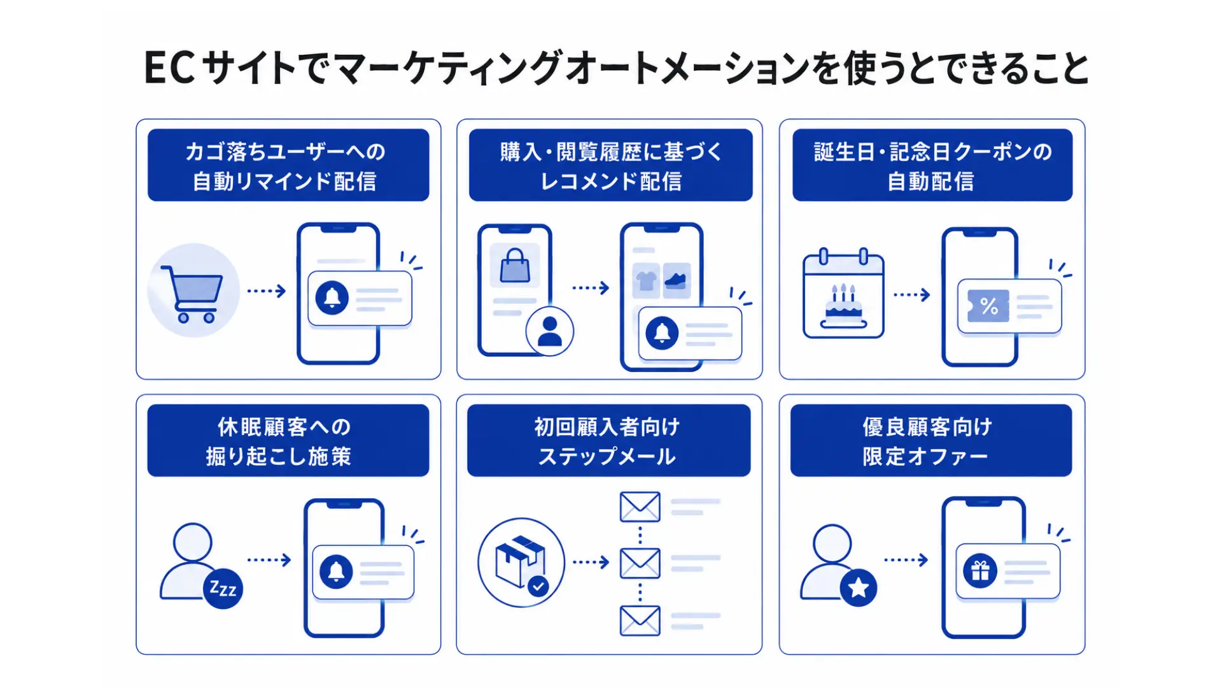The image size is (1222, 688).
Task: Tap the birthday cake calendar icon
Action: [x=843, y=293]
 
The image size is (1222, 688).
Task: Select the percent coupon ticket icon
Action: [x=988, y=306]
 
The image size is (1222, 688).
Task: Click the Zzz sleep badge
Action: [x=223, y=588]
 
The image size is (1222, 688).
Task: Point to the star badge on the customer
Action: [x=858, y=587]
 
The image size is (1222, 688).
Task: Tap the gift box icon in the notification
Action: [x=980, y=571]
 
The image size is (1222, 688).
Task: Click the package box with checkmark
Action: [x=521, y=562]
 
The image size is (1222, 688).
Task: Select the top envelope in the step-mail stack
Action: [x=640, y=507]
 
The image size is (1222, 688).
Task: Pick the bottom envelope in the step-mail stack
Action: [x=640, y=621]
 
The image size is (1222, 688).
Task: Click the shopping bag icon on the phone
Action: [x=515, y=266]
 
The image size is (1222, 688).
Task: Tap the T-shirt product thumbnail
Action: [x=646, y=280]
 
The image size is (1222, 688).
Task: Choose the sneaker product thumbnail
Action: [x=677, y=280]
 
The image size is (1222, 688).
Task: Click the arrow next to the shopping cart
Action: [x=267, y=291]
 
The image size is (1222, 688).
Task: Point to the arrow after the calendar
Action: [x=912, y=295]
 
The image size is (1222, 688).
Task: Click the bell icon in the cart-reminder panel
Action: [x=332, y=297]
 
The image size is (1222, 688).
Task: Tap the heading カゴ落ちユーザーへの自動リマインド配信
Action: [x=284, y=166]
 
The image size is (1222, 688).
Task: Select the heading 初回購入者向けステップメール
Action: [x=608, y=441]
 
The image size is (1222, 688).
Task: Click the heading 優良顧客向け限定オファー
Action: [x=927, y=441]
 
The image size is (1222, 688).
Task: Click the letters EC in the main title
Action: [x=169, y=68]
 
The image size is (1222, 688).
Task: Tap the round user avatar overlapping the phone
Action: [x=550, y=331]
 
